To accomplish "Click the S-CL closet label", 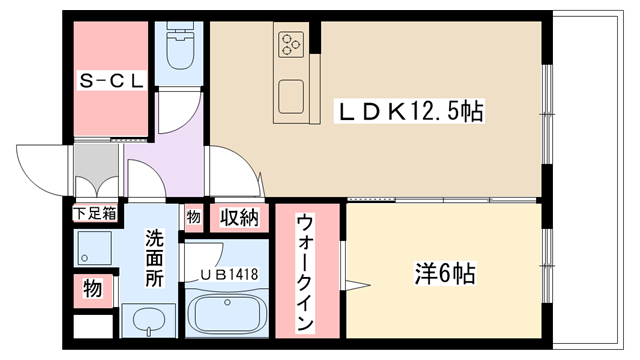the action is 111,80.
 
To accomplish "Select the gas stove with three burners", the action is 291,44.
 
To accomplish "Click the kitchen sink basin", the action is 291,97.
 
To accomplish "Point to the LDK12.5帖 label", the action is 409,111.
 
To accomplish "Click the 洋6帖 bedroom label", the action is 445,273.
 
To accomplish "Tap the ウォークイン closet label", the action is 306,272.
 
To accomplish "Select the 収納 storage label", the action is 240,218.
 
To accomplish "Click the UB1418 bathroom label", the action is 229,274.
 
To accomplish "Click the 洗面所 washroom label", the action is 155,258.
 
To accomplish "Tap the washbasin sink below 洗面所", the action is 149,320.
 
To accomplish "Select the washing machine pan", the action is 93,249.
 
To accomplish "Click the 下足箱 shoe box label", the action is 95,213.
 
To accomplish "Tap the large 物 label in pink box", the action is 93,289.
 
